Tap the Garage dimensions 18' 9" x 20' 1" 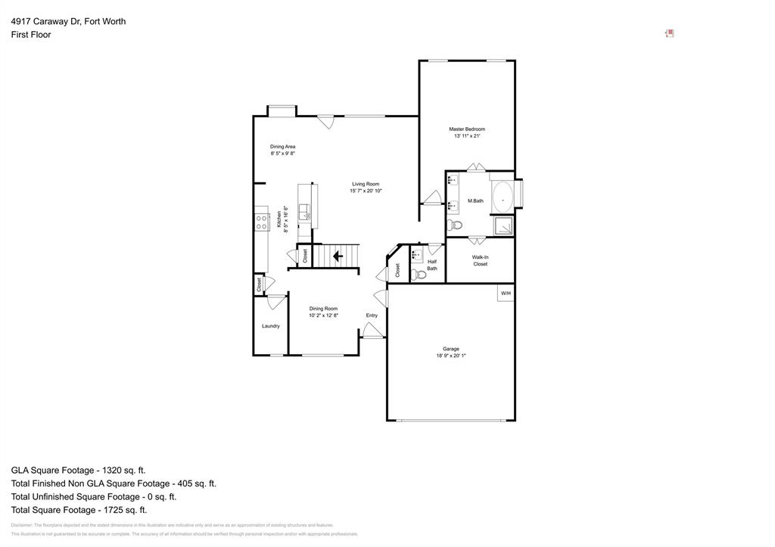(x=450, y=356)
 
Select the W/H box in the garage (x=505, y=293)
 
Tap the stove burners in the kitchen (x=261, y=222)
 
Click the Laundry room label (x=270, y=326)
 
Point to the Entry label (x=372, y=315)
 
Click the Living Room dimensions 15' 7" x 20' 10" (x=366, y=191)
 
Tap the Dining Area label (x=282, y=146)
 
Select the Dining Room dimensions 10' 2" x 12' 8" (x=323, y=315)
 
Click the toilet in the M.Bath (x=454, y=225)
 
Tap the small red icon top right (x=669, y=33)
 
